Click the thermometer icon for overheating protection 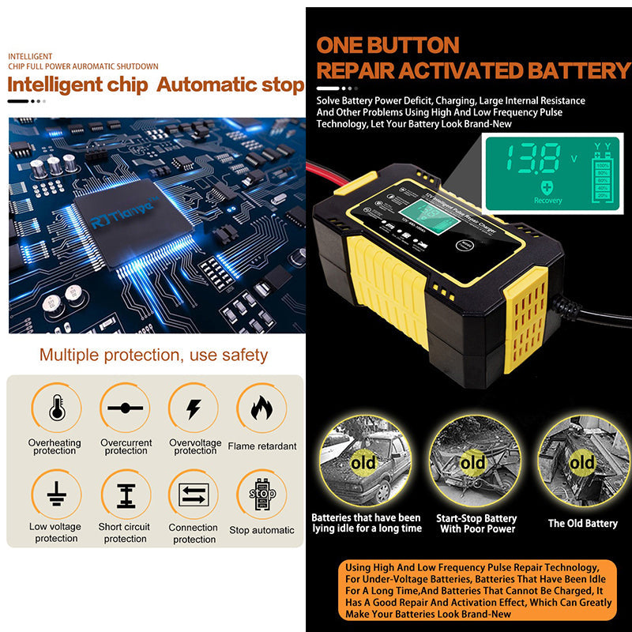pyautogui.click(x=56, y=408)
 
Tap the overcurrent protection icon pyautogui.click(x=125, y=408)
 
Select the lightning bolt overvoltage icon pyautogui.click(x=194, y=408)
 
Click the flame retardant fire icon pyautogui.click(x=261, y=408)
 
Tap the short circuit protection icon pyautogui.click(x=125, y=495)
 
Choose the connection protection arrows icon pyautogui.click(x=194, y=495)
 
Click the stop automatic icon pyautogui.click(x=261, y=495)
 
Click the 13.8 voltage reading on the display pyautogui.click(x=536, y=158)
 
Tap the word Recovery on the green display pyautogui.click(x=547, y=201)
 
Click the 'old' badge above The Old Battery pyautogui.click(x=582, y=462)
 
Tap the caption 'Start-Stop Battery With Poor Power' pyautogui.click(x=476, y=524)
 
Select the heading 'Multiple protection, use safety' pyautogui.click(x=153, y=355)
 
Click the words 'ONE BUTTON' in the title pyautogui.click(x=387, y=45)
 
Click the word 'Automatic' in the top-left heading pyautogui.click(x=197, y=85)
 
